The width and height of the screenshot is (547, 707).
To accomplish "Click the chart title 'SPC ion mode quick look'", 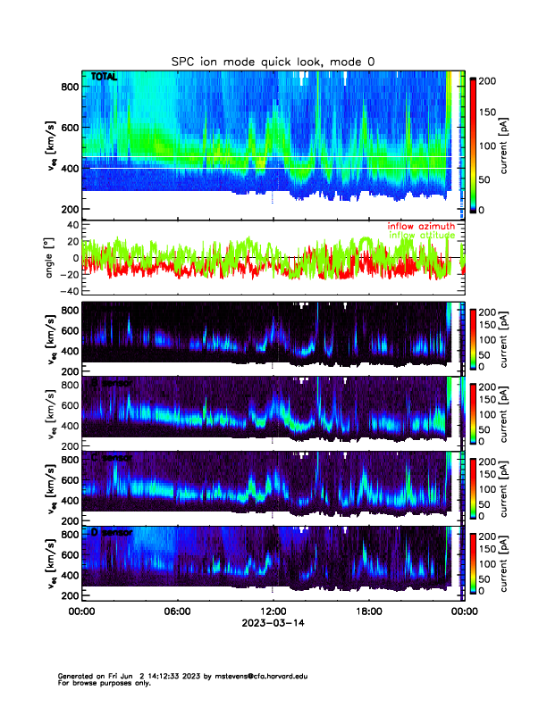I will click(273, 61).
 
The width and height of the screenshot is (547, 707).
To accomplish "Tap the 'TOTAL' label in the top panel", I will click(104, 78).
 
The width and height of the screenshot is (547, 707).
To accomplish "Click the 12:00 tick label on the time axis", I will click(273, 611).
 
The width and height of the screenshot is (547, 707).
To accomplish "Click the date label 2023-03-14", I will click(273, 624).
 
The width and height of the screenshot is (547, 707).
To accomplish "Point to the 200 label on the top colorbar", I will click(489, 80).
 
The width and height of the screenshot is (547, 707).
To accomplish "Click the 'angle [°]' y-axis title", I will click(51, 258).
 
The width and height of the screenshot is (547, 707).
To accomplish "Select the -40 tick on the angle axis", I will click(66, 291).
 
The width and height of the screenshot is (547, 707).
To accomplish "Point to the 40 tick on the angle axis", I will click(70, 225).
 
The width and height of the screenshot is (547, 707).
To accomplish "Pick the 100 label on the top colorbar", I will click(489, 146).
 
